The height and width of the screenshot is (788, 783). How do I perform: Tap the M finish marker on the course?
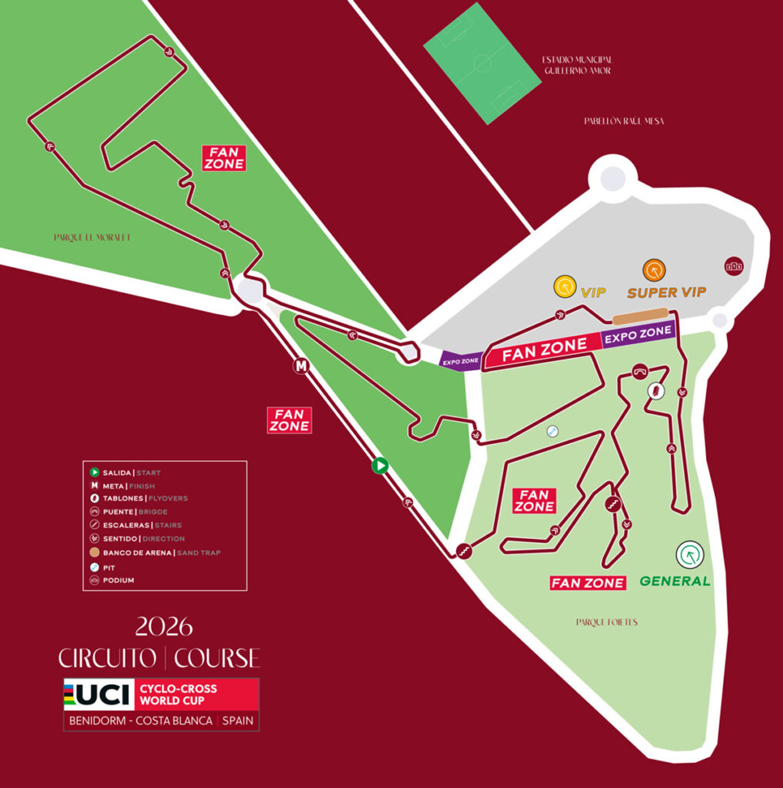[301, 366]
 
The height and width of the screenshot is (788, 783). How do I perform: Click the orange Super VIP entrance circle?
[654, 270]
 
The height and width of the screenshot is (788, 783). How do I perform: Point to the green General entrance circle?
[690, 555]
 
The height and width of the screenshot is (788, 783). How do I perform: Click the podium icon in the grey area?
[734, 266]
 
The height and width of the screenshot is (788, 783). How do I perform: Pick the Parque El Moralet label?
[92, 237]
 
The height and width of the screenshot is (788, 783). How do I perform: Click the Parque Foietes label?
[607, 622]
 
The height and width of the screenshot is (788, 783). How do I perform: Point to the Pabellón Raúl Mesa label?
[624, 121]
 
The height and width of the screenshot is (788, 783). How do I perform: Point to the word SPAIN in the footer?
[238, 721]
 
